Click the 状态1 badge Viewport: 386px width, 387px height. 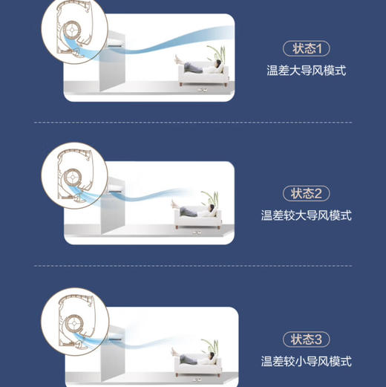(306, 49)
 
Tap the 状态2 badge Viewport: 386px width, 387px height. (306, 193)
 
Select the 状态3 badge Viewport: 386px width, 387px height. (306, 339)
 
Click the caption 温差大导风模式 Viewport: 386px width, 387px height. (306, 71)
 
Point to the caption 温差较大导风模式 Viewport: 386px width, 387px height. (306, 215)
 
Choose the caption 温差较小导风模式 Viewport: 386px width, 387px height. (306, 362)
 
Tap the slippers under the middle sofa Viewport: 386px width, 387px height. (197, 232)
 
